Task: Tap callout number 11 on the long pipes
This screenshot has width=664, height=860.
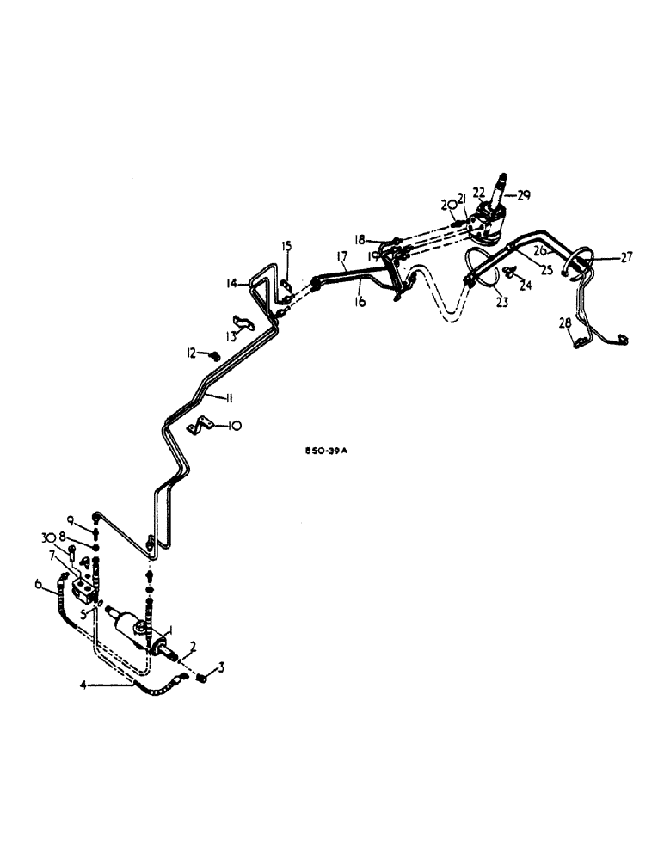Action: (225, 396)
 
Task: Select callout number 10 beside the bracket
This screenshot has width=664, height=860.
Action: (235, 425)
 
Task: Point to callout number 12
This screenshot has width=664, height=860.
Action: (192, 353)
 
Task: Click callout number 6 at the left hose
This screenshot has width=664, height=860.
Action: (38, 585)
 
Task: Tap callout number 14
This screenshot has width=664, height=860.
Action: (231, 282)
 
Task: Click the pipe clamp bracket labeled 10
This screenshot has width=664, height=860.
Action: (202, 424)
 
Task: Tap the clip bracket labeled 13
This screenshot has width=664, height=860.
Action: (243, 326)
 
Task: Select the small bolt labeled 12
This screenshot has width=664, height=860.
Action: (213, 353)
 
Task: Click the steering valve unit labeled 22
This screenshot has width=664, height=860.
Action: (491, 223)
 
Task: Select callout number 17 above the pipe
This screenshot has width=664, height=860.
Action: (341, 256)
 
